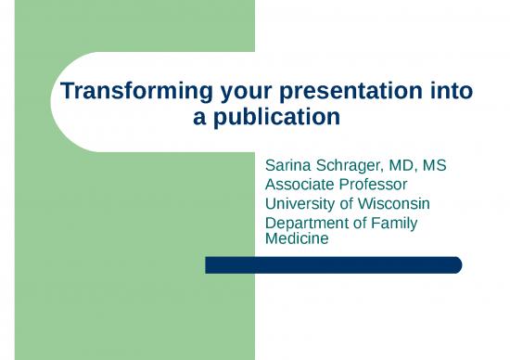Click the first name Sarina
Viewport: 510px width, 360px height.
[289, 166]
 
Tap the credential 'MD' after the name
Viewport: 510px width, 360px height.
[409, 166]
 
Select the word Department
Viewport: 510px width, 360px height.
[309, 224]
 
